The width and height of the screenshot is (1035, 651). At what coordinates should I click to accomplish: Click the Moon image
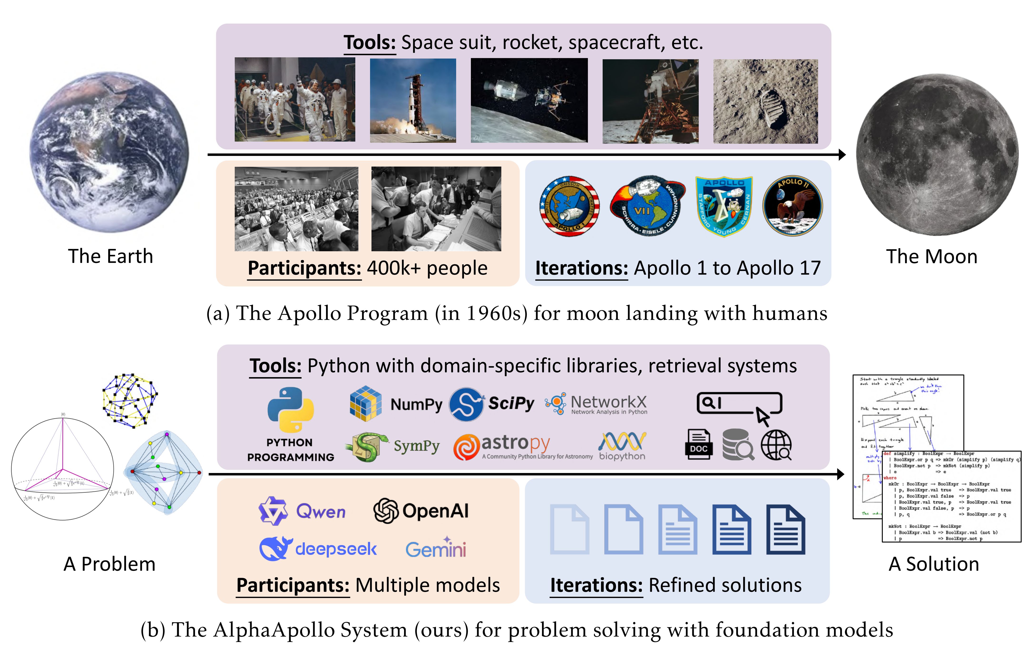[x=937, y=155]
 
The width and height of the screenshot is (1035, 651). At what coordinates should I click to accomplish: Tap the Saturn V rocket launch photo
[x=413, y=100]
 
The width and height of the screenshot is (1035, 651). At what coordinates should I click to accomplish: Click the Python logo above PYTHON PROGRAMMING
[x=291, y=409]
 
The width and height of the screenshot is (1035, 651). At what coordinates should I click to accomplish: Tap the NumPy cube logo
[x=365, y=403]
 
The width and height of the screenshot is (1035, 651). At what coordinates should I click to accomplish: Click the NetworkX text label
[x=608, y=402]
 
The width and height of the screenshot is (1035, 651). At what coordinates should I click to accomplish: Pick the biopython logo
[x=622, y=446]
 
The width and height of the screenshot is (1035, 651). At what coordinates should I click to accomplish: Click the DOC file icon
[x=698, y=445]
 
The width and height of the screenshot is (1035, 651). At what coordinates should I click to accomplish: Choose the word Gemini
[x=435, y=549]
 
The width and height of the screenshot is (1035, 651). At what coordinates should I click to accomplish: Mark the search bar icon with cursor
[x=739, y=406]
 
